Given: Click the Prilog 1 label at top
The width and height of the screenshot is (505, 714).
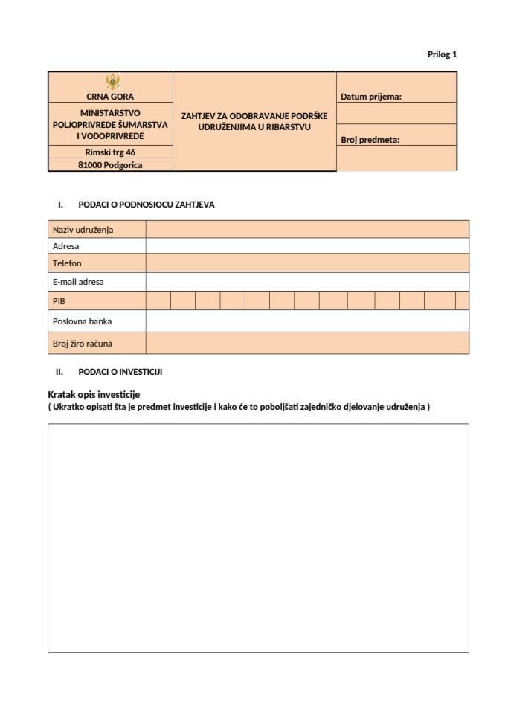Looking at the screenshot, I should click(x=442, y=54).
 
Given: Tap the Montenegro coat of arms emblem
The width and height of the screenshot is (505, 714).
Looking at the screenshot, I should click(x=111, y=82).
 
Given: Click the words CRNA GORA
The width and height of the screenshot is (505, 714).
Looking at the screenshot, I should click(x=111, y=97).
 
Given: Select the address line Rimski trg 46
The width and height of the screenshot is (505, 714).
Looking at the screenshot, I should click(x=111, y=152).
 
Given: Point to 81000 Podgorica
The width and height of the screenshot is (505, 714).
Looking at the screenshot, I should click(x=111, y=165).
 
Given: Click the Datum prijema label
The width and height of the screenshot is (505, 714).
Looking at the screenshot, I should click(x=371, y=97).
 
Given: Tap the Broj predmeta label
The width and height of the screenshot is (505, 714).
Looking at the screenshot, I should click(x=370, y=139).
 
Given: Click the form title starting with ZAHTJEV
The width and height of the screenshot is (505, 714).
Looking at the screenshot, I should click(x=254, y=121).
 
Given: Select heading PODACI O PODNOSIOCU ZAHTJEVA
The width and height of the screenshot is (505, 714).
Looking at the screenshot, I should click(x=146, y=205).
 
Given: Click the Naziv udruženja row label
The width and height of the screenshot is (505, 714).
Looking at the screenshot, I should click(x=83, y=229).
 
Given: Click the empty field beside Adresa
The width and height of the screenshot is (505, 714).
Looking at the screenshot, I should click(x=306, y=246).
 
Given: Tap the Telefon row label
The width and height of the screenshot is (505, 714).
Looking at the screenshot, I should click(x=68, y=263).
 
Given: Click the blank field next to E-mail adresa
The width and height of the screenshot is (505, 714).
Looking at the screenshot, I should click(x=306, y=282).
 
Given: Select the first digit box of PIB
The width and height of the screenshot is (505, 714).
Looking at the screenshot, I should click(x=158, y=300).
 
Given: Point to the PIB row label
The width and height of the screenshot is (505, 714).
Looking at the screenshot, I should click(x=59, y=300).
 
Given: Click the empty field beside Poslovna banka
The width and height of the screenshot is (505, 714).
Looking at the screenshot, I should click(x=306, y=321).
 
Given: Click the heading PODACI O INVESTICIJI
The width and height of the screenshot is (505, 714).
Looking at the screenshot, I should click(x=120, y=371).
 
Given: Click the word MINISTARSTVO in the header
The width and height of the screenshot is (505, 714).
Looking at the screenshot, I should click(x=111, y=113).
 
